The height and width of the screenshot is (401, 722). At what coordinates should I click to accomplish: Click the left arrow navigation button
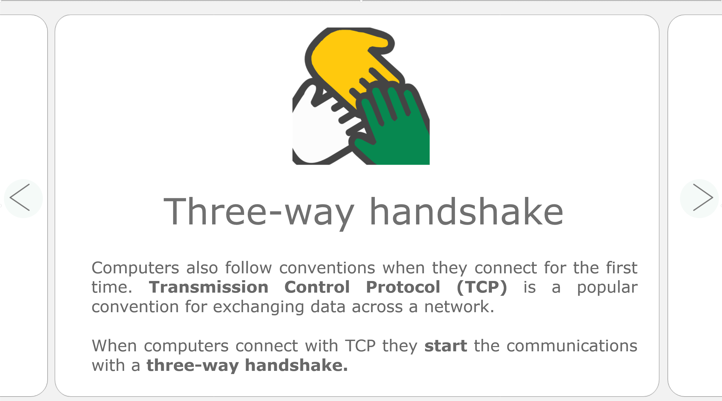click(23, 198)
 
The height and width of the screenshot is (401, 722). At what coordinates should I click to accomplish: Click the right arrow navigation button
click(699, 198)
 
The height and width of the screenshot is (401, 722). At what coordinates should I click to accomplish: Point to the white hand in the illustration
click(317, 132)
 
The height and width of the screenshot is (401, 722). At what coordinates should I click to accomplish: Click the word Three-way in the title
click(259, 212)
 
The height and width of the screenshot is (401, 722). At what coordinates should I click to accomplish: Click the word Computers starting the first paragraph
click(135, 268)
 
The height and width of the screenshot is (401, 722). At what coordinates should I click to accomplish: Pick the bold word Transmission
click(208, 287)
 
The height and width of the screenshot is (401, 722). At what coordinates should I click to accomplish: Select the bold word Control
click(317, 287)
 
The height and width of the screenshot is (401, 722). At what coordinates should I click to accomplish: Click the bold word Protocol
click(403, 287)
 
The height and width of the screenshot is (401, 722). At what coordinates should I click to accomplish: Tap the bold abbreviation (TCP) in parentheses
click(482, 288)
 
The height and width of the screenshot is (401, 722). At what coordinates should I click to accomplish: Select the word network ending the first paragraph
click(459, 306)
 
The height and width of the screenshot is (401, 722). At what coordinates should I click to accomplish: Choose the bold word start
click(446, 346)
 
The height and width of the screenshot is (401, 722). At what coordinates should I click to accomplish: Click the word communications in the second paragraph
click(572, 346)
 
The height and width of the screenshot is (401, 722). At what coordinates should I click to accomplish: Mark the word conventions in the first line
click(327, 268)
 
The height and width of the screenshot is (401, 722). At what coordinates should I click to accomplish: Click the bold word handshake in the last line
click(296, 365)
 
